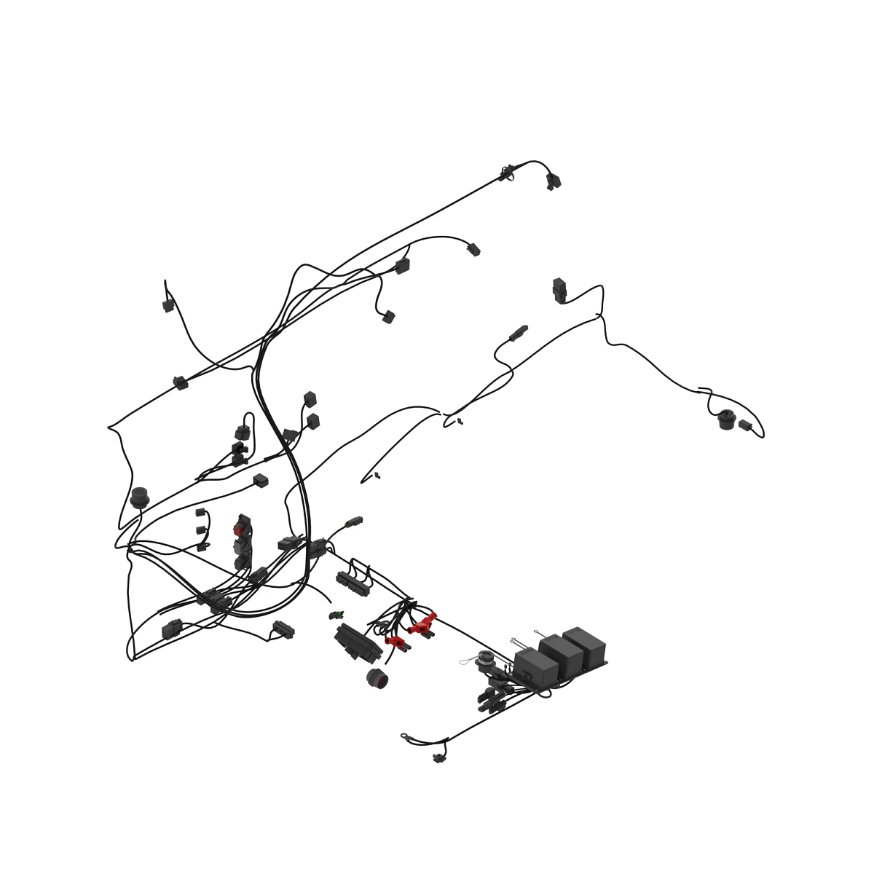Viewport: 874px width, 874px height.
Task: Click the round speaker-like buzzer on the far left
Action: [x=139, y=497]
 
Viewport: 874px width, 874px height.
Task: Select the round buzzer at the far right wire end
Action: [x=726, y=420]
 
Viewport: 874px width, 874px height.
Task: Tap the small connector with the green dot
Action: [x=336, y=615]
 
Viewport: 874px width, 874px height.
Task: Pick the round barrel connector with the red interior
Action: [x=377, y=678]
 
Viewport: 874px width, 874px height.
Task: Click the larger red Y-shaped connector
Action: [x=422, y=623]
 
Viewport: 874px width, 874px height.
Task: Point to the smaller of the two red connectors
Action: [x=395, y=641]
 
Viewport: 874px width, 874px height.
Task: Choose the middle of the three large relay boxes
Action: [x=561, y=653]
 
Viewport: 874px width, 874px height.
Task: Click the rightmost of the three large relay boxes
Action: [x=585, y=643]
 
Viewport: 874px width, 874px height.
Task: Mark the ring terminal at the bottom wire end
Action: [x=405, y=737]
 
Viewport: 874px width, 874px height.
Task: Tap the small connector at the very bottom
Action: [x=438, y=758]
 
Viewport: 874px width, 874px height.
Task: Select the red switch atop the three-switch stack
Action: [x=242, y=524]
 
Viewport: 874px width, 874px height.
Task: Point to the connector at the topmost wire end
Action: [x=554, y=181]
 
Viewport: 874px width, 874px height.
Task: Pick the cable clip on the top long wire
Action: [x=505, y=173]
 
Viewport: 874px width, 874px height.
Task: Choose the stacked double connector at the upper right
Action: [x=559, y=290]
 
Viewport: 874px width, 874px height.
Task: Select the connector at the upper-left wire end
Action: [x=168, y=306]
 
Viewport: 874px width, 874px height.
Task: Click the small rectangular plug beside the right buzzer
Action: [x=744, y=425]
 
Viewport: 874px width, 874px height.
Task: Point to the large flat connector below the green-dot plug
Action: [x=358, y=642]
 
